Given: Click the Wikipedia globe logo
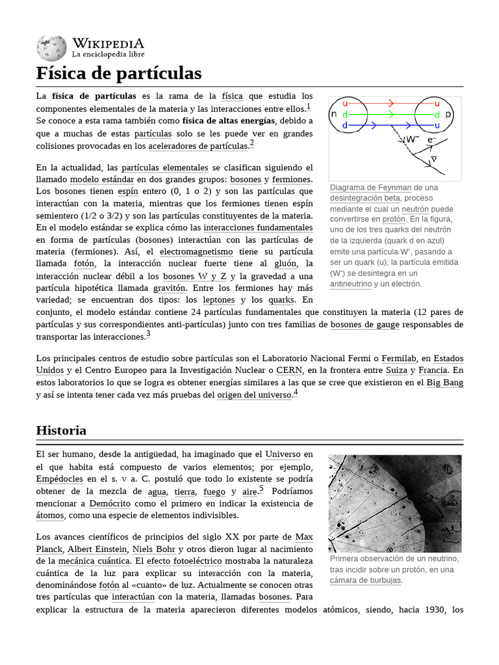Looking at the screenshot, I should [51, 47].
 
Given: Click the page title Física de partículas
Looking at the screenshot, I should [119, 73].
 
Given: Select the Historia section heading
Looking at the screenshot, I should [61, 430].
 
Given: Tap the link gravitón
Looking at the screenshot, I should [166, 288].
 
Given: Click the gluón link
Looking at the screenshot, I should [285, 263].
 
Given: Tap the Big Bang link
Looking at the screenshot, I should [444, 383].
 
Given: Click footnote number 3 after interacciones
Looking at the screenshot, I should [148, 334].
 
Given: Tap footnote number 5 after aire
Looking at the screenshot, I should [261, 489].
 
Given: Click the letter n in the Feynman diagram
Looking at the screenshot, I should [333, 114].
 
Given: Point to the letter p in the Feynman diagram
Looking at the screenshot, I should [448, 114].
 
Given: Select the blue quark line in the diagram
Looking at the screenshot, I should [390, 125].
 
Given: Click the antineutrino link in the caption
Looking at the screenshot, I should [351, 284].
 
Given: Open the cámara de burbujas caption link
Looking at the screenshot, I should [365, 580].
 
